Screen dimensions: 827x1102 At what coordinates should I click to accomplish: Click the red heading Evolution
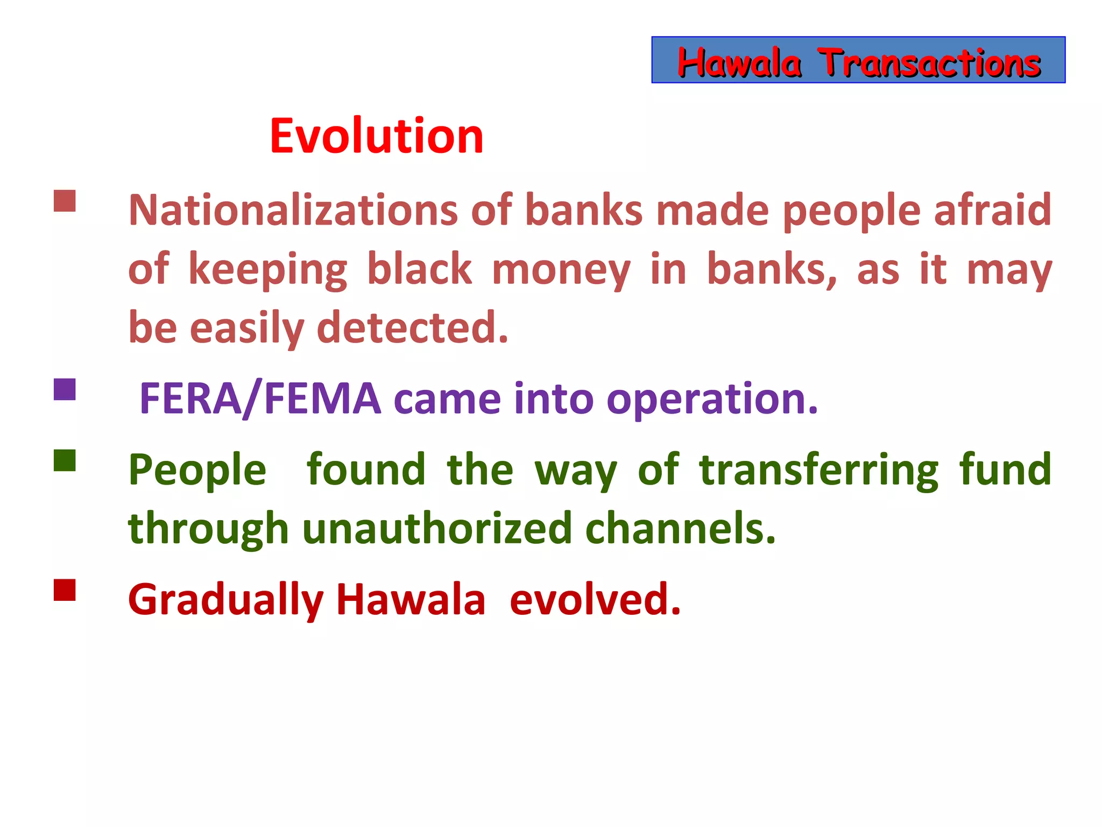376,136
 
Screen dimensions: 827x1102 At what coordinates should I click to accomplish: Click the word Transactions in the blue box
929,63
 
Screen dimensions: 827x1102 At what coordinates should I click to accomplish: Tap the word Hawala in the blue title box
739,63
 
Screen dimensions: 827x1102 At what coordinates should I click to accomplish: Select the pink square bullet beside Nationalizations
65,201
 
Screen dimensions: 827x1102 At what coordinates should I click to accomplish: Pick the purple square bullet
65,389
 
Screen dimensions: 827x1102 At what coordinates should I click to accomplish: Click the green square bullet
65,460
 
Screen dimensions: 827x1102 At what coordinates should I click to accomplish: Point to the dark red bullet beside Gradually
65,590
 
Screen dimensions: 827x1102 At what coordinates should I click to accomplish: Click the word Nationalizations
293,210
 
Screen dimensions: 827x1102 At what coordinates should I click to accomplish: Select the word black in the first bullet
419,269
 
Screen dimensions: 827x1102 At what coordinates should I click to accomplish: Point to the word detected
413,328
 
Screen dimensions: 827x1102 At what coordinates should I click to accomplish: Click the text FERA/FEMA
260,399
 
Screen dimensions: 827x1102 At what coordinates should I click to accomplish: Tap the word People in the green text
197,471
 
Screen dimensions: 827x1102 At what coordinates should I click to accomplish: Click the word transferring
818,471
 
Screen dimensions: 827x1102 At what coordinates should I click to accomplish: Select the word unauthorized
437,529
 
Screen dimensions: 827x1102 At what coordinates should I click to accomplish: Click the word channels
680,529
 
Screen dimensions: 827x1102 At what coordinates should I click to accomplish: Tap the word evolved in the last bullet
595,600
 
